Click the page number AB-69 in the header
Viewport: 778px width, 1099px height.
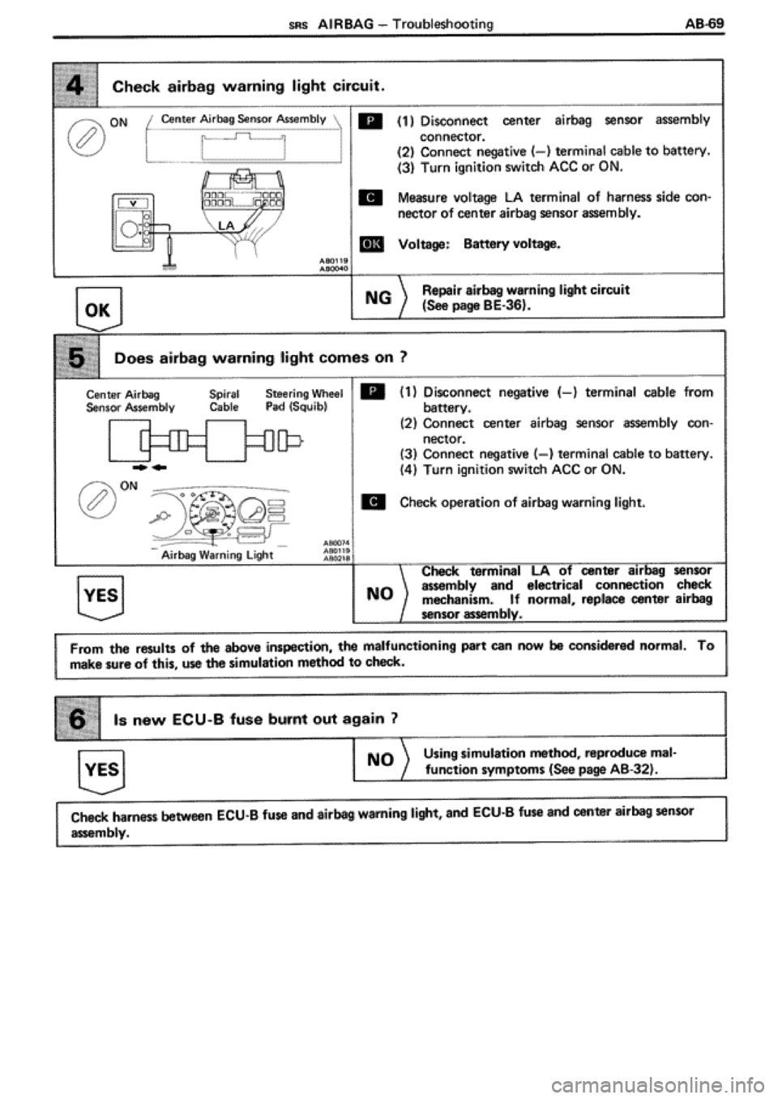[x=701, y=24]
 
